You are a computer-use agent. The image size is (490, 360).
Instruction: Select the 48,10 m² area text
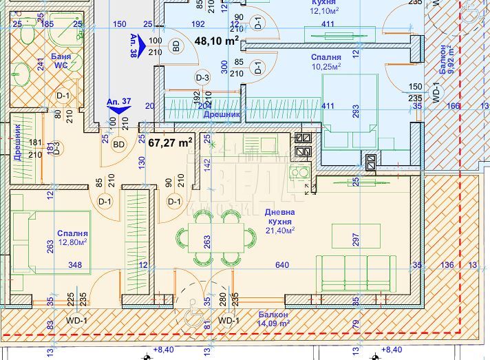click(217, 41)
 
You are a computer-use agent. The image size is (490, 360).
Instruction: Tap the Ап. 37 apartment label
click(119, 102)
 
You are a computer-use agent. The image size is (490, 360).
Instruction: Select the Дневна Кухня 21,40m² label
click(279, 222)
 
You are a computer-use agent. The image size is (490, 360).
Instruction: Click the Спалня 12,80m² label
click(72, 237)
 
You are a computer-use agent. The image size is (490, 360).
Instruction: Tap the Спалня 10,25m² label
click(328, 62)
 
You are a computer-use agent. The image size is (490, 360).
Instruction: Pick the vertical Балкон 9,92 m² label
click(446, 60)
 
